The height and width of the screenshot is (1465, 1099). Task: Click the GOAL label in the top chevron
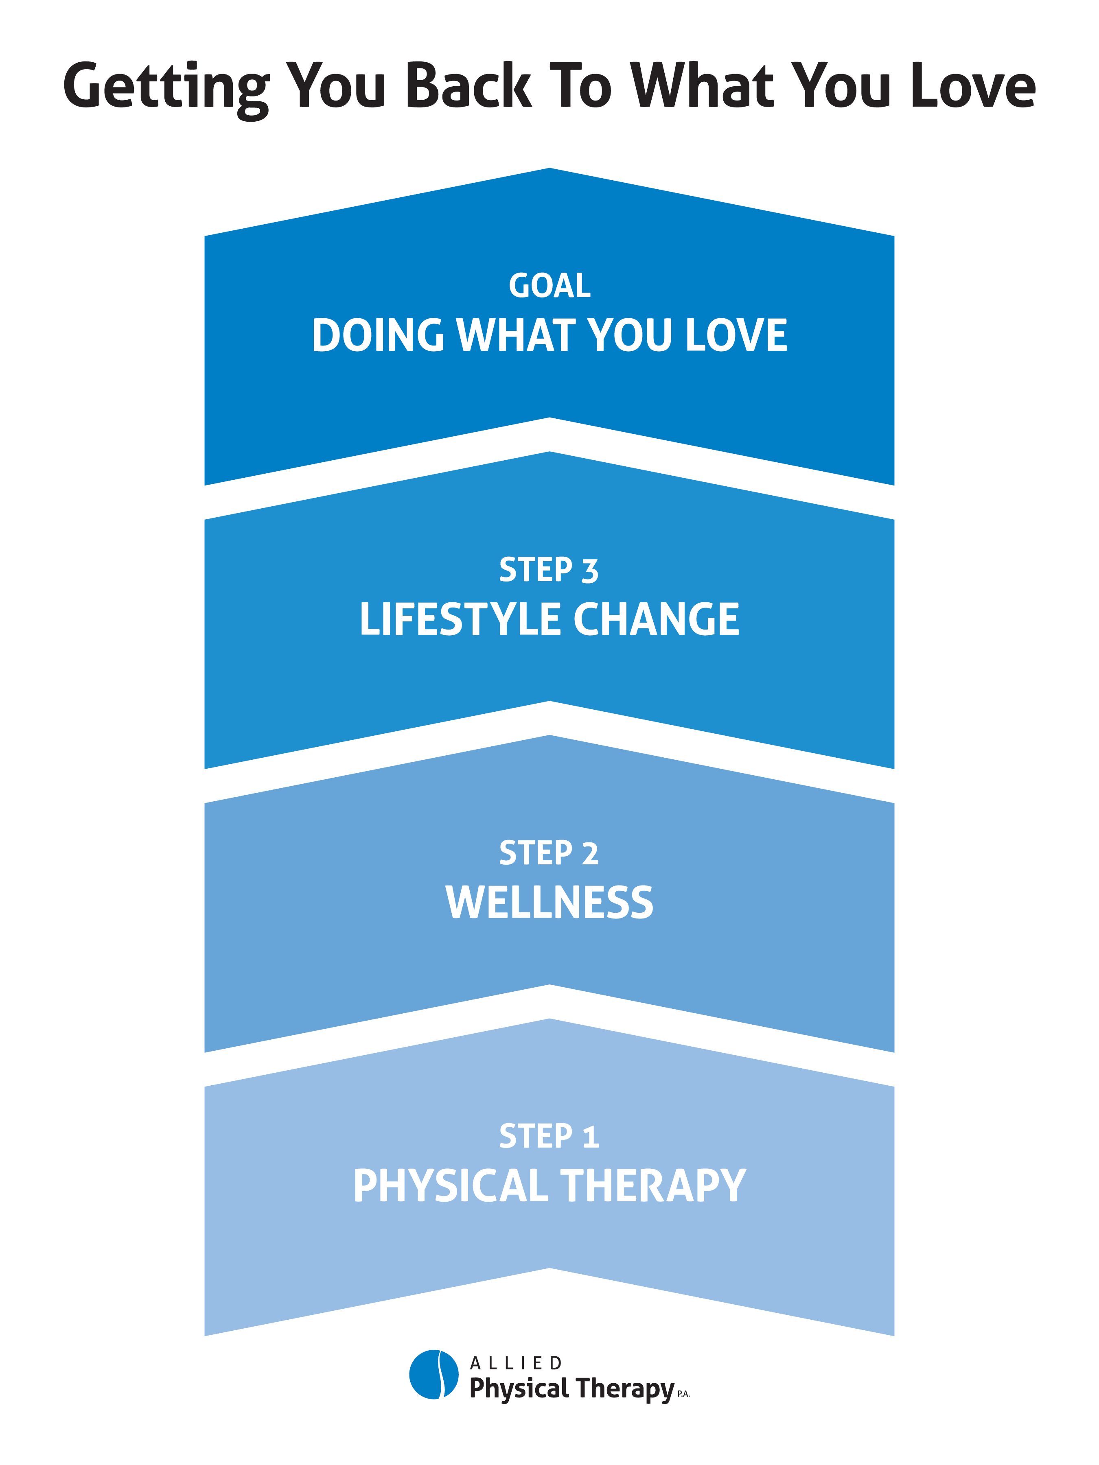[x=549, y=286]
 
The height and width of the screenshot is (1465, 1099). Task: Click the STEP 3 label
[x=549, y=570]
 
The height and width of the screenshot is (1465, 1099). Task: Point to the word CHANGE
[x=657, y=619]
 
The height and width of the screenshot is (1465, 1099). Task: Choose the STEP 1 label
[x=549, y=1137]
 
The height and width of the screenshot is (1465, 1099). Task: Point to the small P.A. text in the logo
[x=684, y=1394]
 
